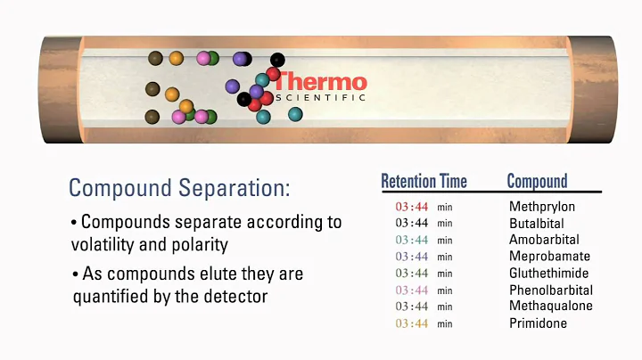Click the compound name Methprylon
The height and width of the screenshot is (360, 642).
(542, 208)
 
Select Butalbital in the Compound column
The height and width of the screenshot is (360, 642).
(537, 224)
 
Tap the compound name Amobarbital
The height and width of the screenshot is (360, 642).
(544, 240)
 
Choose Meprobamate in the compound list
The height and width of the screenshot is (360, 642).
(549, 257)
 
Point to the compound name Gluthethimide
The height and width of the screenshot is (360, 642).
(548, 274)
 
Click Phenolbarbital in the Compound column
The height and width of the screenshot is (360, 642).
(551, 290)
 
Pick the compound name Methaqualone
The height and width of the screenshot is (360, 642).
(551, 307)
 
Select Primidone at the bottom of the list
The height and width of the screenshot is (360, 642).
(538, 323)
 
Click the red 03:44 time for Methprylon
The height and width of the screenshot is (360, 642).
(412, 208)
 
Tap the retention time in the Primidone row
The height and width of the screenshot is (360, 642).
(412, 323)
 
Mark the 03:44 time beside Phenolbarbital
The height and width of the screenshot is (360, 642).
(412, 290)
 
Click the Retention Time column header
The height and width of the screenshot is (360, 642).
(424, 182)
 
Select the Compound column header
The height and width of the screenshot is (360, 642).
(537, 182)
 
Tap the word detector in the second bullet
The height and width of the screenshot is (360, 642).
(235, 296)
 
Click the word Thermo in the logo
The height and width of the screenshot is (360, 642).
(321, 81)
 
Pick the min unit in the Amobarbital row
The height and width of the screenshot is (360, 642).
(445, 241)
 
